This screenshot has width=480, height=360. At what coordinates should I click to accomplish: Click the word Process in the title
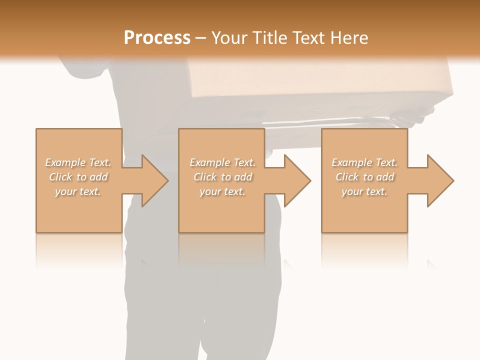(x=157, y=37)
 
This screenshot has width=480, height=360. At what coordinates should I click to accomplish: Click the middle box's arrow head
(x=305, y=180)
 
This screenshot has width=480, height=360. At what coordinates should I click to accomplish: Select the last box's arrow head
(x=448, y=180)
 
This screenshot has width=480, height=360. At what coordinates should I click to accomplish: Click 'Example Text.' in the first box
(x=78, y=162)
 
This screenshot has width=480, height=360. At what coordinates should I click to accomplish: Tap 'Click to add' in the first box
(x=78, y=177)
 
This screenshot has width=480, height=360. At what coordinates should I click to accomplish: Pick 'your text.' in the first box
(x=78, y=191)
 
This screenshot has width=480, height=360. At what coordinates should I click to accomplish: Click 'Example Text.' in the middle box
(x=222, y=162)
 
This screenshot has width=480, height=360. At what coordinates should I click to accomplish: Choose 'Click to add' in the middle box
(x=222, y=177)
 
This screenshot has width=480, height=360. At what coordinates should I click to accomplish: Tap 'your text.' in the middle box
(x=222, y=191)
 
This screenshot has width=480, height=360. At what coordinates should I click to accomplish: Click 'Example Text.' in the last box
(x=364, y=162)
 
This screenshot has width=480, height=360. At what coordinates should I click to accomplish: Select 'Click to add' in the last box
(x=364, y=177)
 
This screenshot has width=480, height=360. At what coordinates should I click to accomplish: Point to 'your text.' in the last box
(x=364, y=191)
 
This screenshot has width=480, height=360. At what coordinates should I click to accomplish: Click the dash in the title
(x=201, y=38)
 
